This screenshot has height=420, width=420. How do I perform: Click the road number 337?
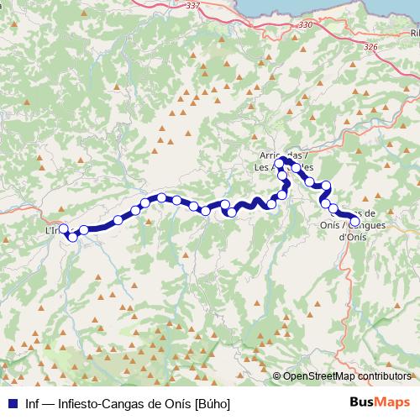[194, 5]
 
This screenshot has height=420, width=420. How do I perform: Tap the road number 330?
[305, 25]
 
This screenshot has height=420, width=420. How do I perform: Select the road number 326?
[370, 48]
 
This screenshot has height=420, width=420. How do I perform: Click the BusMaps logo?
[381, 402]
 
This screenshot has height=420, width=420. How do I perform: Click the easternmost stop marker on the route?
[354, 223]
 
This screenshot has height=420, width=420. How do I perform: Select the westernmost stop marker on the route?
[63, 228]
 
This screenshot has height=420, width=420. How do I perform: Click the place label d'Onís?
[354, 237]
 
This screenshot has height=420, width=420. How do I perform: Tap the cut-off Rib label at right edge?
[415, 33]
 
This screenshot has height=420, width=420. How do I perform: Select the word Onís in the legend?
[177, 402]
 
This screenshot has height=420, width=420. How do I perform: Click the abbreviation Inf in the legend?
[33, 402]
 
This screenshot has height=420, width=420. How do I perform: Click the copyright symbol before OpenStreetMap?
[276, 376]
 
